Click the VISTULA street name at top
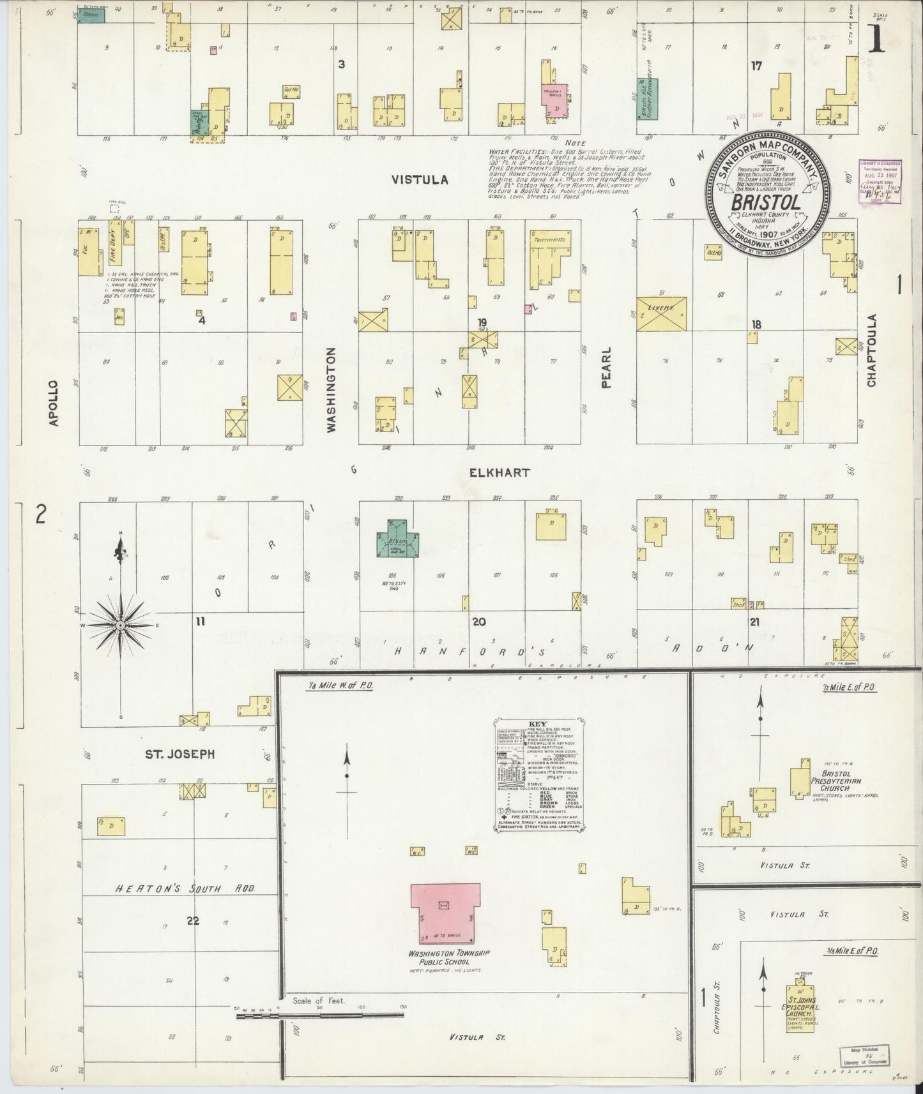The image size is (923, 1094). click(x=420, y=181)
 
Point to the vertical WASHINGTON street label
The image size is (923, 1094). click(x=331, y=391)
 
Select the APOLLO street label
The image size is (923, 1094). click(x=54, y=403)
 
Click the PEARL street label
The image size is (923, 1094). click(x=606, y=368)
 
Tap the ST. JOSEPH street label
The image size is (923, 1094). click(x=179, y=754)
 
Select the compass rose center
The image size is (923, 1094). click(x=120, y=626)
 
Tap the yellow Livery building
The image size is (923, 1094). click(x=662, y=314)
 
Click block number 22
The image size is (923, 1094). click(x=192, y=920)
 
